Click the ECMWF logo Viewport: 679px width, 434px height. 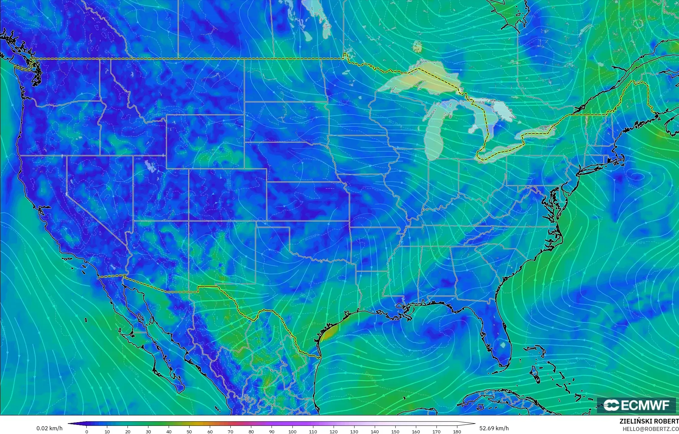coord(636,405)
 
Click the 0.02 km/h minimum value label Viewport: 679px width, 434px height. coord(49,428)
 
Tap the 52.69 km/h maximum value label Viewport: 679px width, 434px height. coord(494,428)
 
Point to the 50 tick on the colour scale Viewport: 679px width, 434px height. coord(190,431)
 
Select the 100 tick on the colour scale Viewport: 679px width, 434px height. coord(292,431)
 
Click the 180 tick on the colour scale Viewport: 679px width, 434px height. coord(457,431)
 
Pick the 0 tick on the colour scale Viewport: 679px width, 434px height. coord(87,431)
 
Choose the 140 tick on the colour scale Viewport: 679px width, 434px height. coord(375,431)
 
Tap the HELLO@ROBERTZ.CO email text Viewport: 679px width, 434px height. coord(650,429)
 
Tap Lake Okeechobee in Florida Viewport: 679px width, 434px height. coord(503,345)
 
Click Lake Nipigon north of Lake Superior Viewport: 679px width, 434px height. coord(417,46)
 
